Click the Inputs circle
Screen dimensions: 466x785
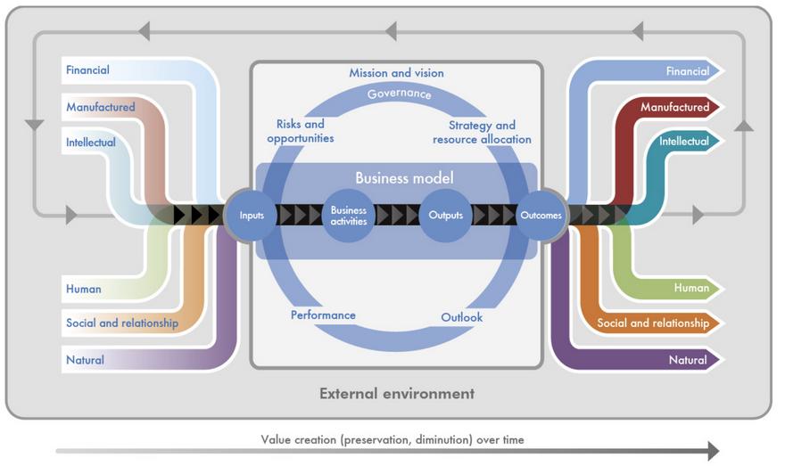pyautogui.click(x=252, y=215)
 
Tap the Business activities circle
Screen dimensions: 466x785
pyautogui.click(x=349, y=216)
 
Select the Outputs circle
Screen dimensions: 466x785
pyautogui.click(x=445, y=215)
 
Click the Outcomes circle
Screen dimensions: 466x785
pyautogui.click(x=540, y=215)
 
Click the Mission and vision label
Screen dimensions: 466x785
pyautogui.click(x=396, y=73)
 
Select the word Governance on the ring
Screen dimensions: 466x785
pyautogui.click(x=399, y=94)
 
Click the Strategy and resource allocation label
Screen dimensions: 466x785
pyautogui.click(x=482, y=132)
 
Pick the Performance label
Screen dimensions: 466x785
pyautogui.click(x=323, y=315)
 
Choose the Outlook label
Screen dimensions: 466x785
pyautogui.click(x=461, y=318)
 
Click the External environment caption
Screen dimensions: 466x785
pyautogui.click(x=397, y=393)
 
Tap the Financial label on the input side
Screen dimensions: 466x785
pyautogui.click(x=87, y=69)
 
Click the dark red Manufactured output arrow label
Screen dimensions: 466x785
pyautogui.click(x=674, y=108)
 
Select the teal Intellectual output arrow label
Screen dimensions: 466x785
pyautogui.click(x=684, y=142)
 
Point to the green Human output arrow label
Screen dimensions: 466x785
pyautogui.click(x=691, y=288)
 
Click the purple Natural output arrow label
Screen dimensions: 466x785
pyautogui.click(x=688, y=361)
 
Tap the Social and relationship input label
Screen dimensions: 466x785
pyautogui.click(x=122, y=323)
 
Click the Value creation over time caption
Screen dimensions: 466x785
pyautogui.click(x=392, y=439)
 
